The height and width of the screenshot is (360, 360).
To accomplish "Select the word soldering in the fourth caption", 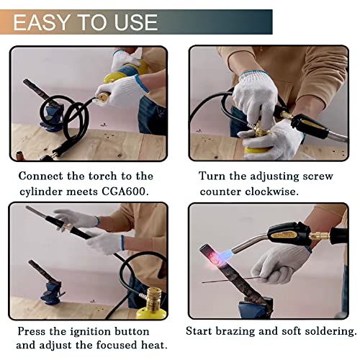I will pos(328,331).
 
